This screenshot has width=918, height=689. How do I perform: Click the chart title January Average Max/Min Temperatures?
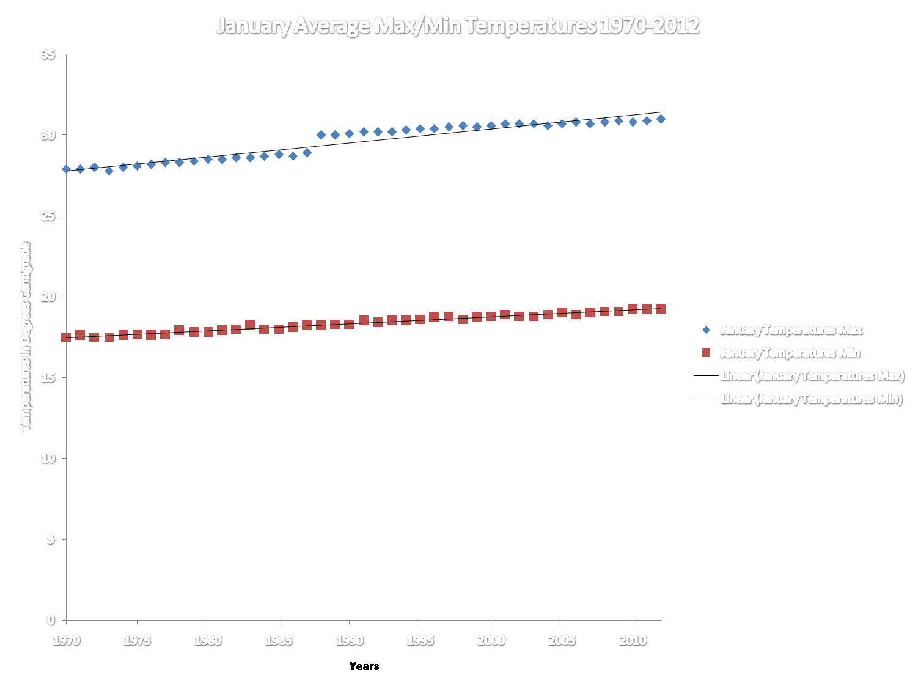click(458, 26)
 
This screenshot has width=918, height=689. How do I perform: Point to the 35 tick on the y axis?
click(48, 54)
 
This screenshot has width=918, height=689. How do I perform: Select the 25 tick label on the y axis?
click(48, 216)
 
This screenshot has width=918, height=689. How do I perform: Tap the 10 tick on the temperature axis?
click(48, 458)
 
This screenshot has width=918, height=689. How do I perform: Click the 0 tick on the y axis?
click(51, 619)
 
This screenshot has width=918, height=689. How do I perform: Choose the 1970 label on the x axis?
click(66, 640)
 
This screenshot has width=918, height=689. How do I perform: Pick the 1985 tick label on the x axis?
click(279, 640)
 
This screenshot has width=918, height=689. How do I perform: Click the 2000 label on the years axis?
click(491, 640)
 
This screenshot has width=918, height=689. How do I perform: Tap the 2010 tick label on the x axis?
click(633, 640)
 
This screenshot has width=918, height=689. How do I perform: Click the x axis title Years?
click(364, 666)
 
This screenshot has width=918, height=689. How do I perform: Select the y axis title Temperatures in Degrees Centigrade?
click(25, 337)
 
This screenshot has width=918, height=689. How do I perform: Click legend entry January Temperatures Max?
click(790, 330)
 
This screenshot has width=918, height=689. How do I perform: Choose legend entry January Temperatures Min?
click(790, 353)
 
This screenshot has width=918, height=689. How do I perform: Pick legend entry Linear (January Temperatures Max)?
click(812, 376)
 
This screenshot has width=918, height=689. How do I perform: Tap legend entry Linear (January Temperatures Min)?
click(811, 399)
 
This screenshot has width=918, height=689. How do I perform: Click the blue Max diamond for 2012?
click(661, 119)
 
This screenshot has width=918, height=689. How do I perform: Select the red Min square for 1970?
click(66, 337)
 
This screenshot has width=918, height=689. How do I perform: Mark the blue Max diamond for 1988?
click(321, 134)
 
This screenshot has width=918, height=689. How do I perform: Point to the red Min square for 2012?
click(661, 309)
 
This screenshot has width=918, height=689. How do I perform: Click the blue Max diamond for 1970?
click(66, 169)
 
